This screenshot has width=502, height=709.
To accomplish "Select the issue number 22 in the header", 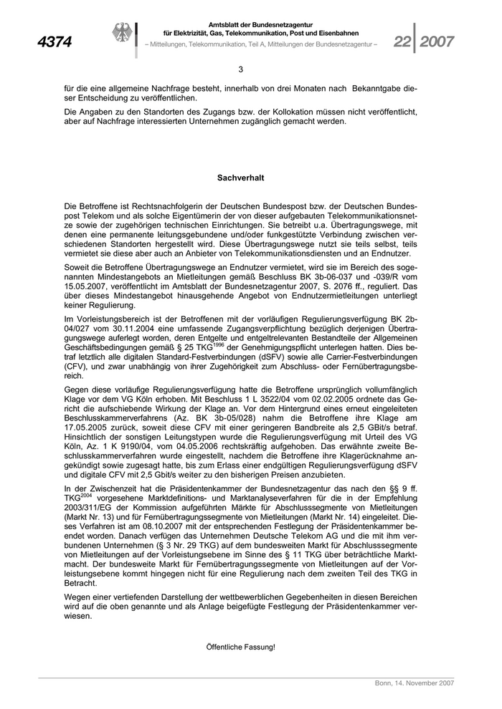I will (402, 42).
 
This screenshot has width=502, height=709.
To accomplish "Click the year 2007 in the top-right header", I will (437, 42).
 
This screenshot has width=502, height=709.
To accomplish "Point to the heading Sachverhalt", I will (240, 176).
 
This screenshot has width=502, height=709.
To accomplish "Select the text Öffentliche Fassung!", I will (240, 647).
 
